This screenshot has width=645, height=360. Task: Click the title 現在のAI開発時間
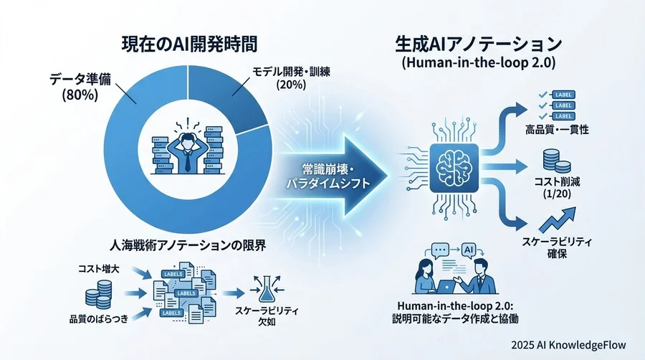[x=188, y=43]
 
